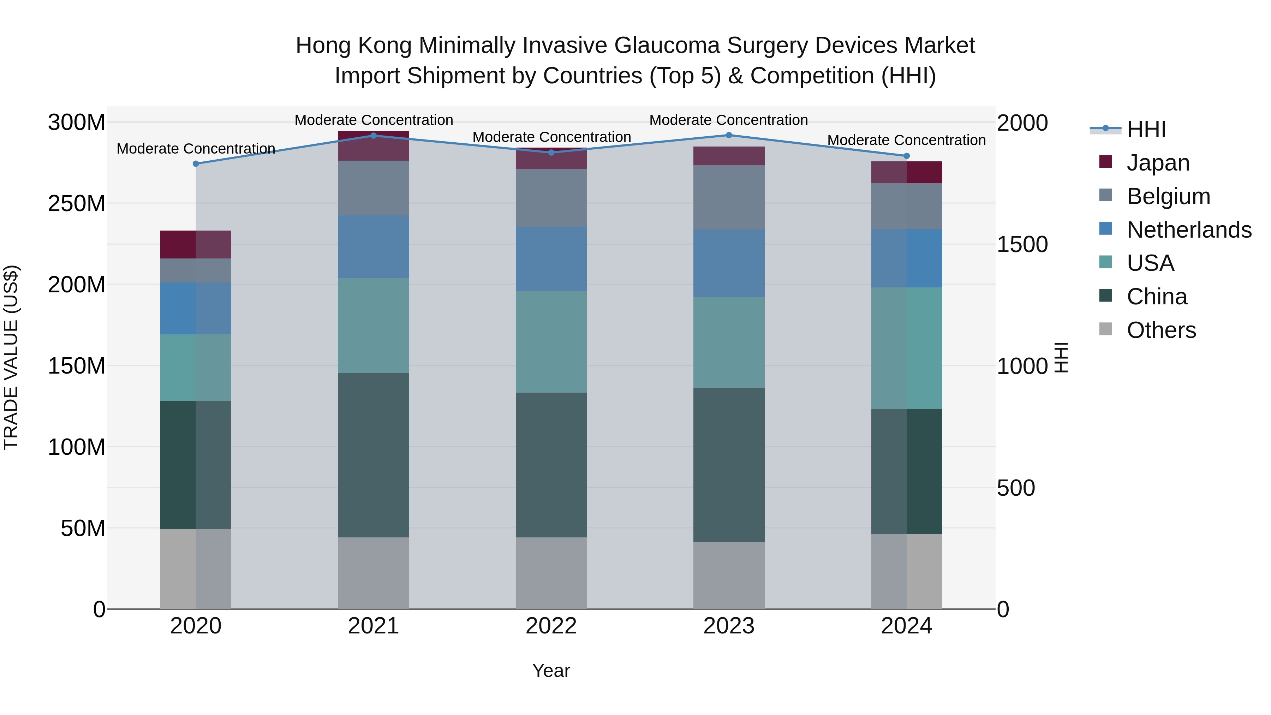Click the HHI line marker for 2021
coord(374,136)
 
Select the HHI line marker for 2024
coord(906,156)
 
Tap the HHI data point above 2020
coord(196,164)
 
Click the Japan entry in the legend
coord(1158,163)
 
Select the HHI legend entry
coord(1146,129)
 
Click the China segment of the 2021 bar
coord(374,455)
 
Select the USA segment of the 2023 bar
coord(729,342)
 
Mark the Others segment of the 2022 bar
coord(551,573)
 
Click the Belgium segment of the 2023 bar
coord(729,197)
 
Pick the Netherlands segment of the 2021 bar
coord(374,247)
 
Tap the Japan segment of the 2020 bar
coord(196,245)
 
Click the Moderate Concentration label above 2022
coord(551,137)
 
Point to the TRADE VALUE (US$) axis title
coord(11,357)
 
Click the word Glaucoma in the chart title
coord(667,46)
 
